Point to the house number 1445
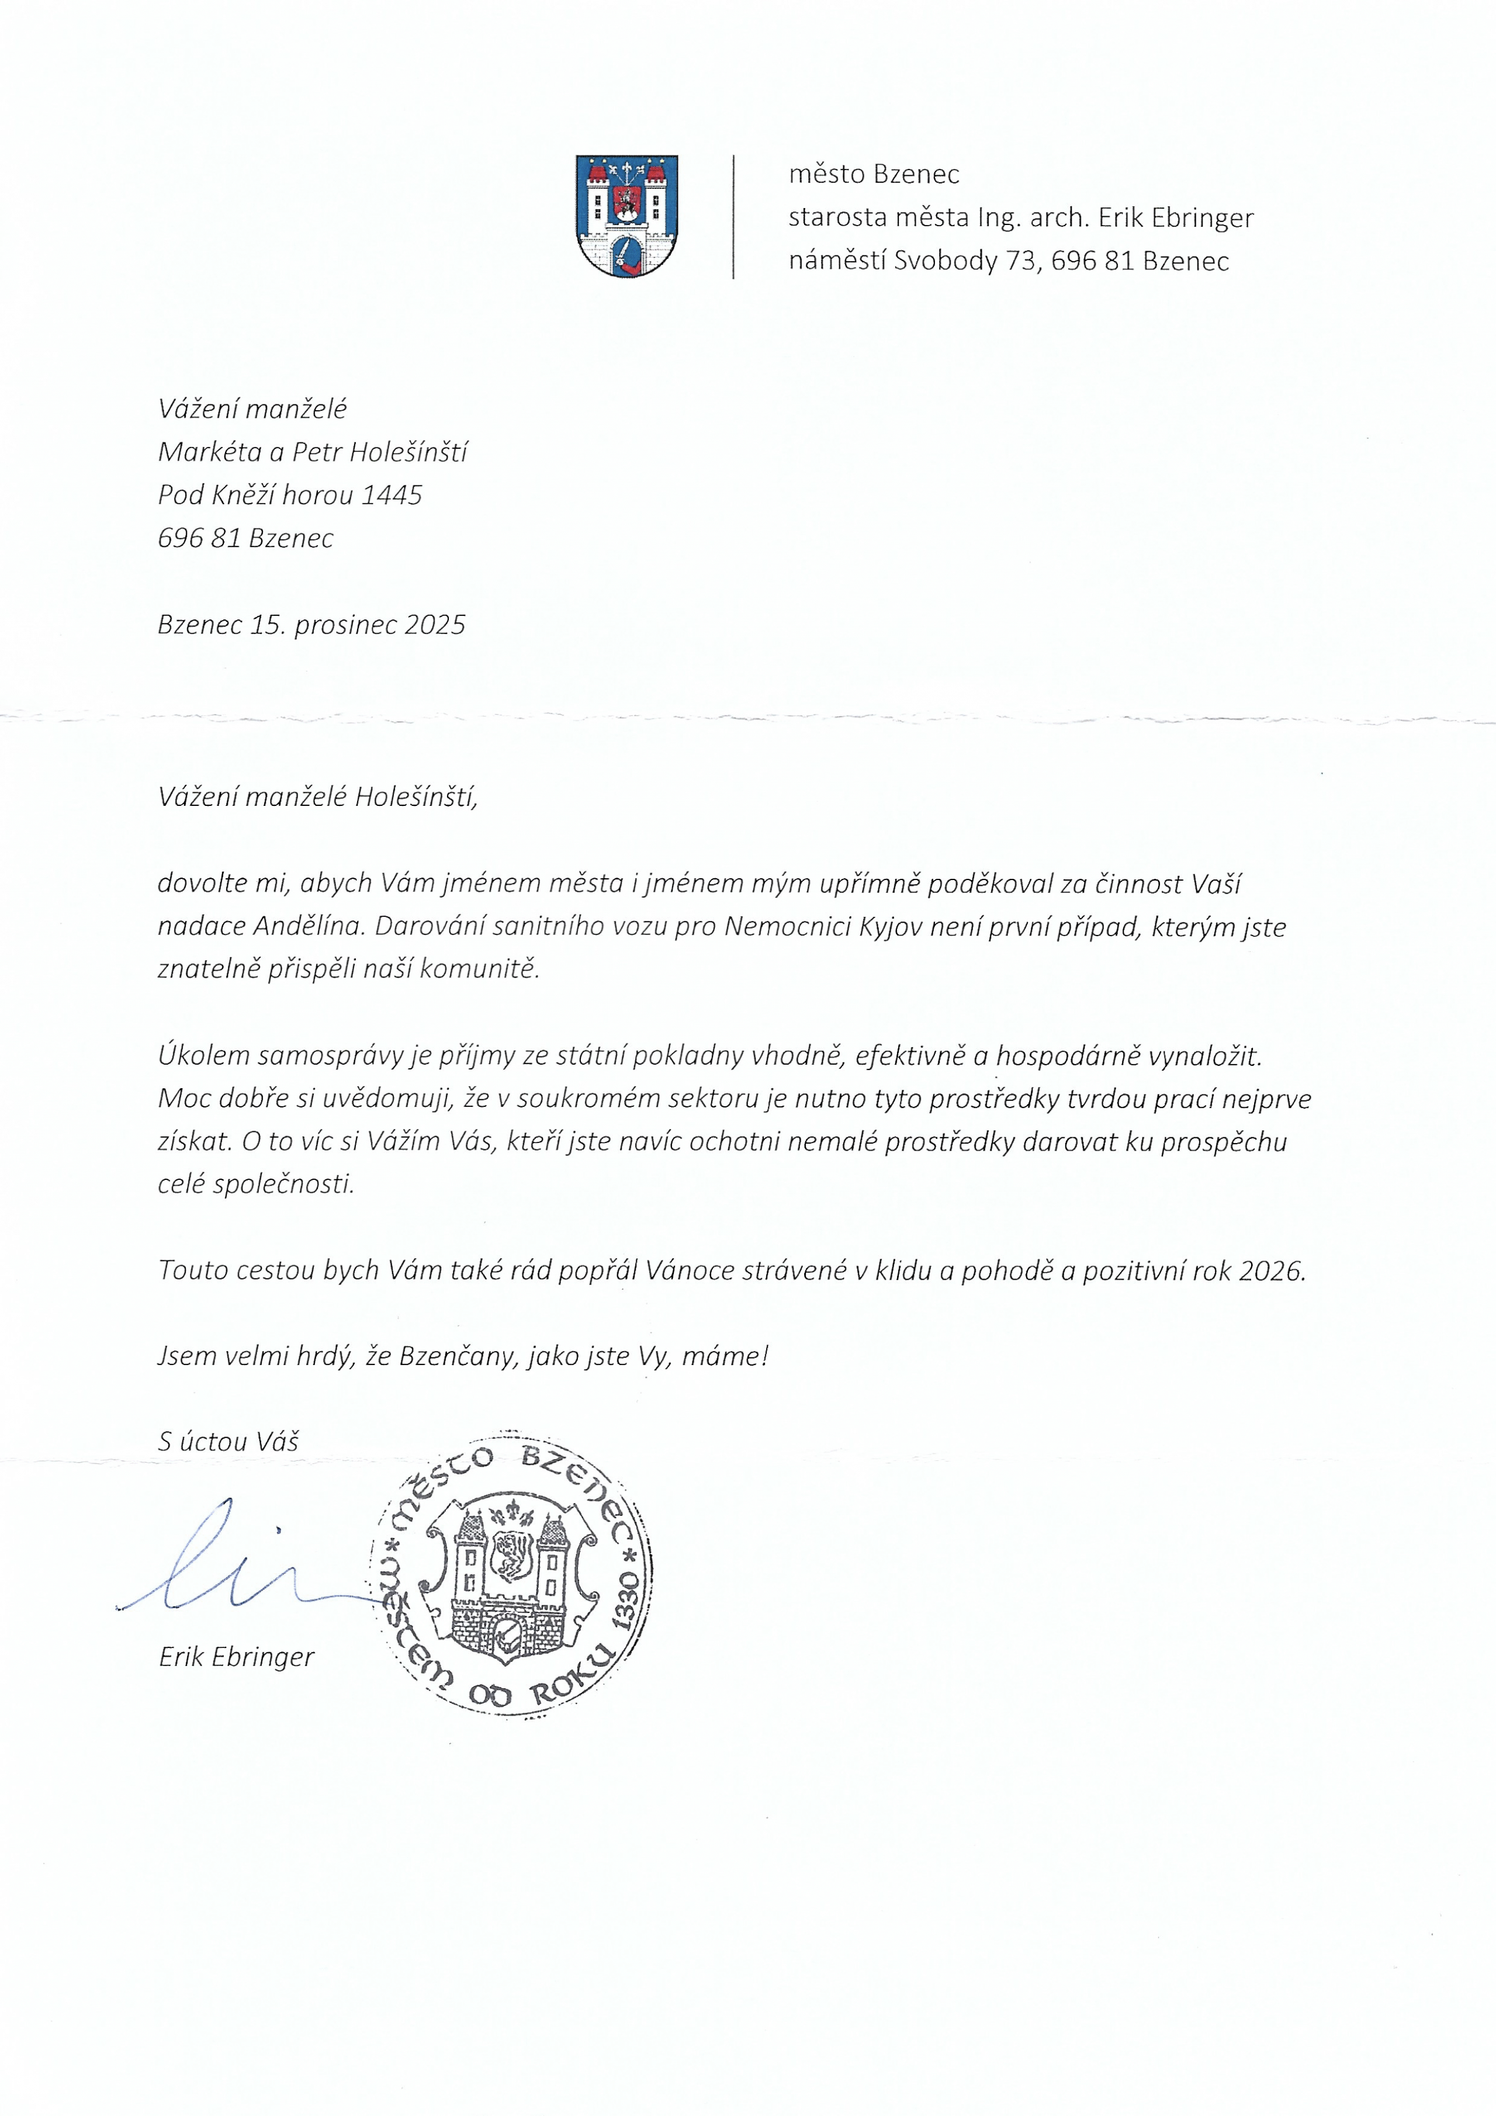point(392,495)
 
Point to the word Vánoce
point(690,1271)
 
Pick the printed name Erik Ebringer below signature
point(236,1657)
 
